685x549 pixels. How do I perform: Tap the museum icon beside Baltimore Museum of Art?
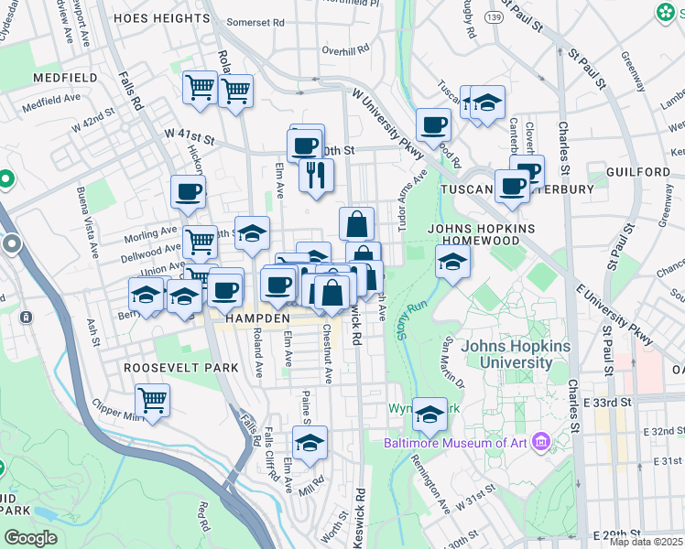pyautogui.click(x=541, y=444)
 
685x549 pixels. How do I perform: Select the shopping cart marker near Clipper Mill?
pyautogui.click(x=152, y=400)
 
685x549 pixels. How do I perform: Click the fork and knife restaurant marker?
pyautogui.click(x=316, y=175)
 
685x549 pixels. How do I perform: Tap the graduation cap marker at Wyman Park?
pyautogui.click(x=429, y=414)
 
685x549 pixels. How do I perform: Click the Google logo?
pyautogui.click(x=30, y=538)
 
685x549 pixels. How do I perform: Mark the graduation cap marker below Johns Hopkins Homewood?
pyautogui.click(x=451, y=263)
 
